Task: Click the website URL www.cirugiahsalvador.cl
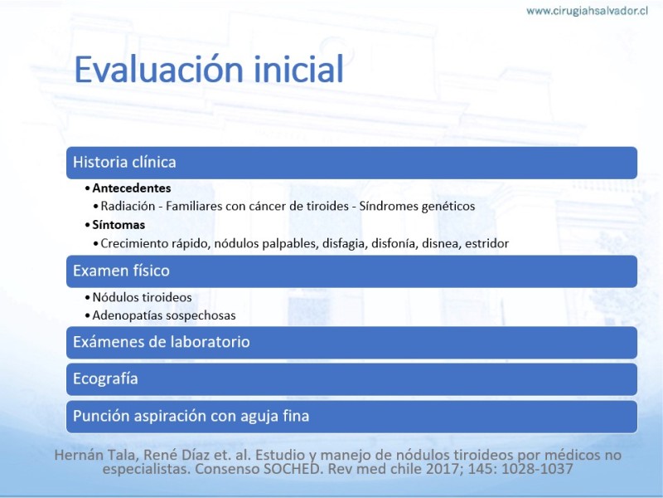tap(587, 11)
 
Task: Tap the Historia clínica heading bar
tap(351, 163)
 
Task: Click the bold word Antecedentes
tap(132, 188)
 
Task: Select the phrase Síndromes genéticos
tap(417, 206)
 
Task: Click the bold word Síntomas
tap(119, 225)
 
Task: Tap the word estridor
tap(486, 243)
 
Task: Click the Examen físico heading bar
tap(351, 271)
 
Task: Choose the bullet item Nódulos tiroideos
tap(142, 297)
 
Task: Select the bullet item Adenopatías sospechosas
tap(164, 315)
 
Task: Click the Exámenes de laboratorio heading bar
tap(351, 343)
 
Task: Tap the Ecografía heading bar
tap(351, 379)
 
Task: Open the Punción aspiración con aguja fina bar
tap(351, 417)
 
